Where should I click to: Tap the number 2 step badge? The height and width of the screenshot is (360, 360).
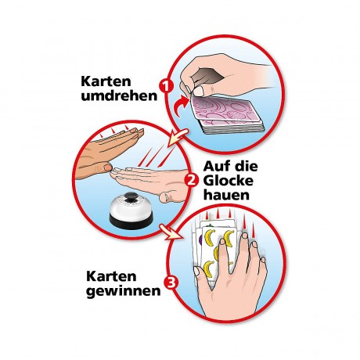(x=192, y=181)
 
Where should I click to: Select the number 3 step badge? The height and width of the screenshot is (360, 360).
(x=171, y=283)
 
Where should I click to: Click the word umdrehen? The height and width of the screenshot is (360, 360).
(x=119, y=96)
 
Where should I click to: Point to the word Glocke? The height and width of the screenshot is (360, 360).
(x=229, y=181)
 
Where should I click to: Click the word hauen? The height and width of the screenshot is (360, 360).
(x=226, y=195)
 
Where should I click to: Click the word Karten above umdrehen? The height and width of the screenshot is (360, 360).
(x=106, y=81)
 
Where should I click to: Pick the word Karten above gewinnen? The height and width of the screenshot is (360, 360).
(x=111, y=276)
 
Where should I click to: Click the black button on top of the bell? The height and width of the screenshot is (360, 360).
(x=131, y=198)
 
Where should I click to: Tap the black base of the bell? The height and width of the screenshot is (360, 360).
(x=131, y=221)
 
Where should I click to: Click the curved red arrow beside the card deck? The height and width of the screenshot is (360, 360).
(x=182, y=108)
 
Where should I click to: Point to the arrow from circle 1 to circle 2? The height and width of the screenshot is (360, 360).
(x=177, y=138)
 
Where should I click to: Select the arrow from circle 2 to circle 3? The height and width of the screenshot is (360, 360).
(x=171, y=232)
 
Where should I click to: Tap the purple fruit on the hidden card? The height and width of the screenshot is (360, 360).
(x=200, y=239)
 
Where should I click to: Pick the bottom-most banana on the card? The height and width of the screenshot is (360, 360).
(x=209, y=268)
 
